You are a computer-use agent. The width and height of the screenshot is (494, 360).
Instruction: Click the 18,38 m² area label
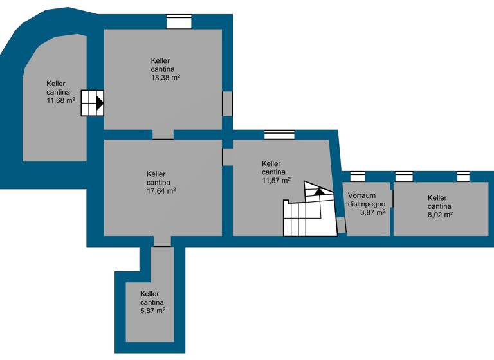click(165, 78)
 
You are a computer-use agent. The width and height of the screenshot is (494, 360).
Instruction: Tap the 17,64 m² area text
click(161, 190)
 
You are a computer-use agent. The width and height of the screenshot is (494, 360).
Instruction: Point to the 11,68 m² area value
click(61, 100)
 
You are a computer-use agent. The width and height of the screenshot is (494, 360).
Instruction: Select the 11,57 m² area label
click(276, 181)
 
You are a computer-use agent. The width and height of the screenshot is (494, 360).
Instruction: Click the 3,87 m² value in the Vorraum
click(372, 212)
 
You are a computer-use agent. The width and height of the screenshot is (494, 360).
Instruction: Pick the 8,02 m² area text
click(439, 215)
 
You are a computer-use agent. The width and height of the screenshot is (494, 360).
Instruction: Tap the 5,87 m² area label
click(152, 310)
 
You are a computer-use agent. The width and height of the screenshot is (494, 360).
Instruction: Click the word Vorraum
click(361, 195)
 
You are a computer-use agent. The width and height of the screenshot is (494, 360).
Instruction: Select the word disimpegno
click(367, 204)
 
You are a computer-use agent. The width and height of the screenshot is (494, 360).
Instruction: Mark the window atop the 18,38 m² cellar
click(179, 22)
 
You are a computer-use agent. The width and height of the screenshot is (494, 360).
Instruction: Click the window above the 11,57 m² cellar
click(279, 134)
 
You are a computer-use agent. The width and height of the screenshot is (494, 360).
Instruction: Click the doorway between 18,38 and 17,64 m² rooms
click(163, 134)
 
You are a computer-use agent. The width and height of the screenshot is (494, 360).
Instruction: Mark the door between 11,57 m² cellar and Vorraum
click(341, 224)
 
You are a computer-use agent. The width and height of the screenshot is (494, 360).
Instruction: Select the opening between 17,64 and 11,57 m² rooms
click(227, 156)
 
